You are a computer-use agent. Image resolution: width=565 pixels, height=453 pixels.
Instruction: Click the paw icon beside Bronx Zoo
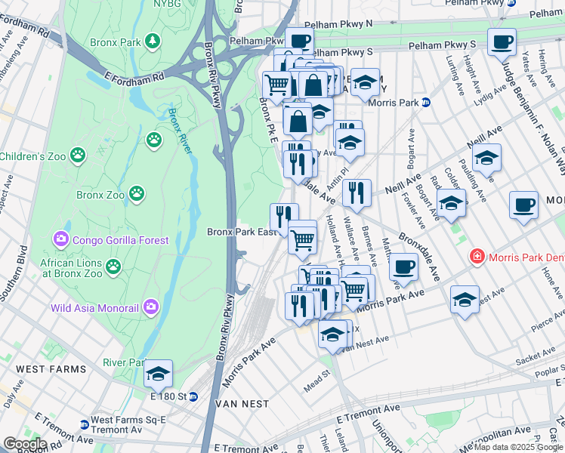click(137, 194)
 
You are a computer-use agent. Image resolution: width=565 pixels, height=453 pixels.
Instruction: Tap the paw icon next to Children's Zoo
click(78, 156)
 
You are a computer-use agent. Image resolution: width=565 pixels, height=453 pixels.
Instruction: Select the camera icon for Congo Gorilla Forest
click(60, 240)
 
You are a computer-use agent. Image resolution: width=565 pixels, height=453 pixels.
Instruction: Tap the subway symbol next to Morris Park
click(426, 102)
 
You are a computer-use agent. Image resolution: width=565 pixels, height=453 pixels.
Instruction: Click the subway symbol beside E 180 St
click(193, 396)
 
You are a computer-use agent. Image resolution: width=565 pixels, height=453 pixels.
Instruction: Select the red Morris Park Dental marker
click(477, 257)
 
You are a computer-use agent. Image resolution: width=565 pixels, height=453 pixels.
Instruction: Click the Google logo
click(25, 444)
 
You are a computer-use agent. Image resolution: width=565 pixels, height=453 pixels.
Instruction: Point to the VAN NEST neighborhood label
click(242, 404)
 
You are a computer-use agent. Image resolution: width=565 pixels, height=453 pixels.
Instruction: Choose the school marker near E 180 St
click(158, 372)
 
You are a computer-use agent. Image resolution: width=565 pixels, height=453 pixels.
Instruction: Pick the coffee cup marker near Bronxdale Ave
click(404, 266)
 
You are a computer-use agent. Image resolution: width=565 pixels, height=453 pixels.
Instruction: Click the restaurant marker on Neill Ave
click(357, 192)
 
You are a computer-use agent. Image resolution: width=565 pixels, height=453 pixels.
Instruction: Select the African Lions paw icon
click(113, 266)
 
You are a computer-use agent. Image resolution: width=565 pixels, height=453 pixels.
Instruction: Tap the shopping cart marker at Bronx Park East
click(303, 240)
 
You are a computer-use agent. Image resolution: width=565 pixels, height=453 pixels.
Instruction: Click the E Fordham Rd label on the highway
click(135, 77)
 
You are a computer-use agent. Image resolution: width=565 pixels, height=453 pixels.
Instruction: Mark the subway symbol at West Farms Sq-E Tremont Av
click(83, 425)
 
